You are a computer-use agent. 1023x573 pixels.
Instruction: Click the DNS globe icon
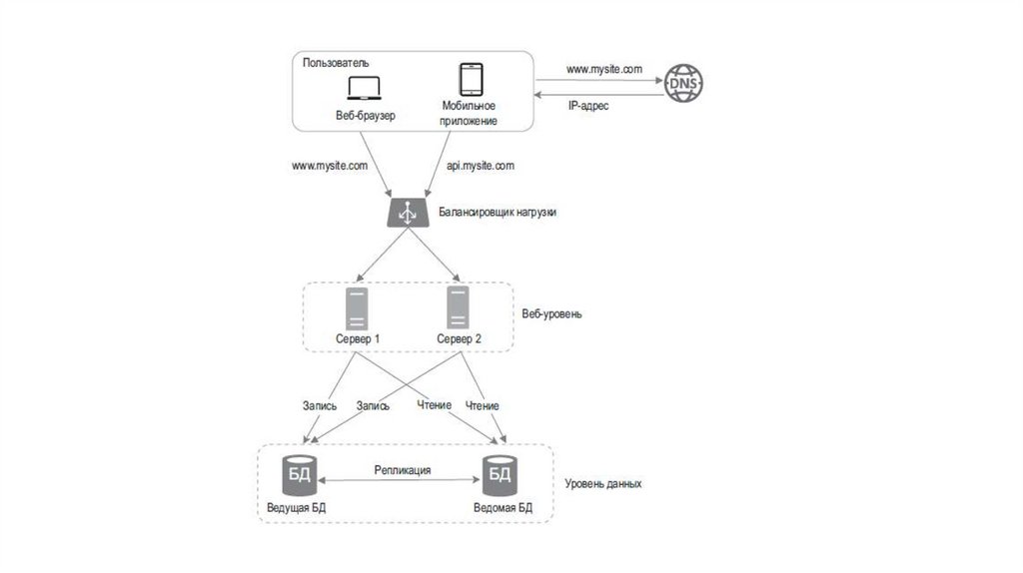[x=683, y=84]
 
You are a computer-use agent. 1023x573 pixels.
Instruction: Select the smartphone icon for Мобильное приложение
[x=470, y=80]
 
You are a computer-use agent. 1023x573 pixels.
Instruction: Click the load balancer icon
[x=408, y=213]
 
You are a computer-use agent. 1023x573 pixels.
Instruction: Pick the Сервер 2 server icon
[x=459, y=308]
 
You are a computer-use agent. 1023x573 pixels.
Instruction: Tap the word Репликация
[x=403, y=469]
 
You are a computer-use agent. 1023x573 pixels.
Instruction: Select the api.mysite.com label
[x=481, y=166]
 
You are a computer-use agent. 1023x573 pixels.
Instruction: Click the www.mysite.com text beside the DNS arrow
[x=603, y=70]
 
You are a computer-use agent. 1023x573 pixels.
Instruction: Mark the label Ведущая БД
[x=296, y=508]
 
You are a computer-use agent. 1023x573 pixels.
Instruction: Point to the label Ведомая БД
[x=503, y=508]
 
